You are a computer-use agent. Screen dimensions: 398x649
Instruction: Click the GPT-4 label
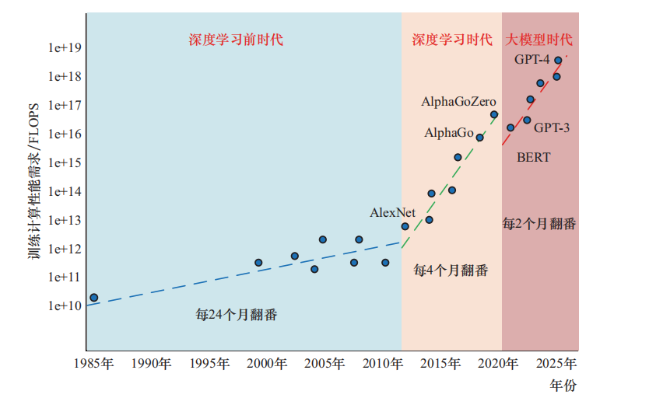coord(532,60)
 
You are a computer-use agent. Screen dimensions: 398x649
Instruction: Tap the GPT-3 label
coord(552,127)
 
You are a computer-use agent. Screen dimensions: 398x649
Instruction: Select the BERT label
coord(533,158)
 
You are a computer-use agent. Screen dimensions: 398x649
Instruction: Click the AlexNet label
coord(392,212)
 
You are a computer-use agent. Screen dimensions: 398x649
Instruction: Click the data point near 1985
coord(94,298)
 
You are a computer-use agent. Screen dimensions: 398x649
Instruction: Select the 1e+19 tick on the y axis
coord(65,48)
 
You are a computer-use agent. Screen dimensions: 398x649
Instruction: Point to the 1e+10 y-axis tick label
coord(65,305)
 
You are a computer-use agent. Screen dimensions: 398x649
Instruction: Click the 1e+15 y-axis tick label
coord(65,162)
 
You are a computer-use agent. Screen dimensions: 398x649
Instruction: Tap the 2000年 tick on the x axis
coord(266,364)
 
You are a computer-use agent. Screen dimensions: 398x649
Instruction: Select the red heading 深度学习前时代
coord(236,40)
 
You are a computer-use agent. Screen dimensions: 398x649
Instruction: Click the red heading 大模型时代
coord(539,40)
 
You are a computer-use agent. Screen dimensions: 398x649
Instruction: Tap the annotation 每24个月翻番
coord(237,315)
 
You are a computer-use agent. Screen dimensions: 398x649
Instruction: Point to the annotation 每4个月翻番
coord(451,270)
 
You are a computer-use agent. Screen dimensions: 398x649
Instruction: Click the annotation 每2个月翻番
coord(539,224)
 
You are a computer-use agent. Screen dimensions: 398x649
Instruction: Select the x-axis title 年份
coord(562,385)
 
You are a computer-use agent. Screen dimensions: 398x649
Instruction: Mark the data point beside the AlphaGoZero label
coord(494,114)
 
